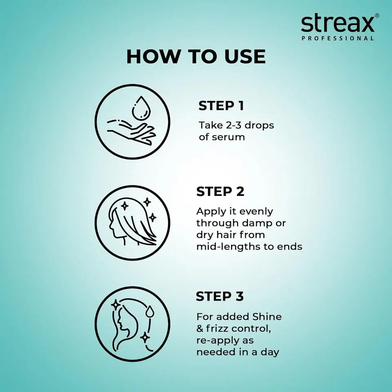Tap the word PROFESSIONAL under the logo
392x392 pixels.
tap(337, 38)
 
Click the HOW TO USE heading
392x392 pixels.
tap(196, 56)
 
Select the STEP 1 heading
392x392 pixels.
tap(221, 106)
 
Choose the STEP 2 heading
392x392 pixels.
tap(220, 192)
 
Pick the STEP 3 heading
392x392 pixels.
tap(220, 296)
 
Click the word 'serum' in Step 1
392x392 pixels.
tap(228, 137)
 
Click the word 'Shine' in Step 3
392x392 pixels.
tap(267, 316)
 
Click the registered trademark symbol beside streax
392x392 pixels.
tap(377, 16)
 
